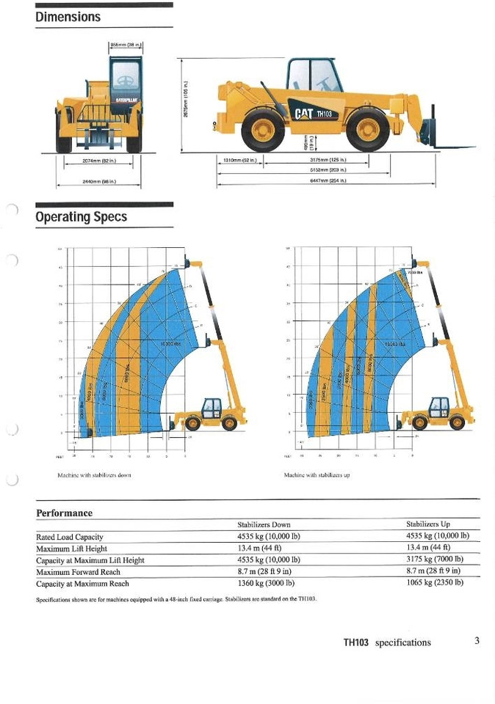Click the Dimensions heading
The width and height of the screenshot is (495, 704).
[x=68, y=17]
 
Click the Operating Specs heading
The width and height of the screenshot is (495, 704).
[x=82, y=216]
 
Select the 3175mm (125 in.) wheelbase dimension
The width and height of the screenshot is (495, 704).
[x=328, y=159]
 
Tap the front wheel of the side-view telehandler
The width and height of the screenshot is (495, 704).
[x=369, y=128]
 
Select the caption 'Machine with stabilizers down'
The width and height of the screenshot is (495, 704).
[x=94, y=475]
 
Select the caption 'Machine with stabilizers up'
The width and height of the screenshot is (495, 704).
[x=317, y=475]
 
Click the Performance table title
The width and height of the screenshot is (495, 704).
[x=65, y=513]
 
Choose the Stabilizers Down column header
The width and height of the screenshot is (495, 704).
[x=264, y=524]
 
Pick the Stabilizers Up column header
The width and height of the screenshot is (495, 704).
[x=428, y=524]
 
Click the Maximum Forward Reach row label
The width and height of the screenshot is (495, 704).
[x=78, y=571]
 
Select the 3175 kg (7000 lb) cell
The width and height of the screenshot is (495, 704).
[x=433, y=560]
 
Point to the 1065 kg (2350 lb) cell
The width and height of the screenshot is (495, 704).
[x=433, y=583]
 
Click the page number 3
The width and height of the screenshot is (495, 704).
[x=477, y=640]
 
